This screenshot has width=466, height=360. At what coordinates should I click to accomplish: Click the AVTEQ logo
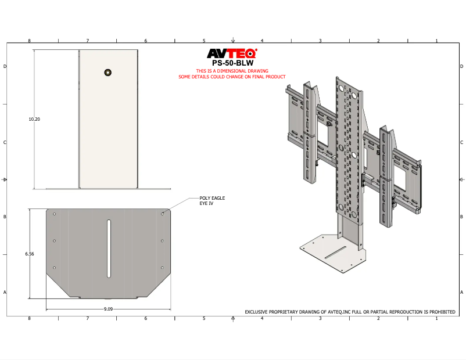[x=232, y=54]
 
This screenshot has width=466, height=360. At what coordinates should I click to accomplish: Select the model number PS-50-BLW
[x=232, y=63]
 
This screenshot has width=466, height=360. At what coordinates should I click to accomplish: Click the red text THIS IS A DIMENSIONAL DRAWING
[x=232, y=71]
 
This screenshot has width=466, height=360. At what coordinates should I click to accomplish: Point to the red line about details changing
[x=232, y=77]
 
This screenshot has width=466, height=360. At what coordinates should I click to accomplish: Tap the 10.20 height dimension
[x=34, y=119]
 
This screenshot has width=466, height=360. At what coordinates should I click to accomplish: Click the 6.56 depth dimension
[x=29, y=254]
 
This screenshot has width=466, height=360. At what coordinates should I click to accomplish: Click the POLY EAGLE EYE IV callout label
[x=212, y=200]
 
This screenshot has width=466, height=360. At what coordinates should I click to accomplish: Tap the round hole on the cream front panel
[x=107, y=72]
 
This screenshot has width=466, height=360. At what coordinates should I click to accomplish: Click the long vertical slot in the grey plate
[x=109, y=249]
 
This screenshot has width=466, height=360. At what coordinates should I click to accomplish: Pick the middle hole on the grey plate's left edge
[x=55, y=241]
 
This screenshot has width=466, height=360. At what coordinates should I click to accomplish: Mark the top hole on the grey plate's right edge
[x=162, y=214]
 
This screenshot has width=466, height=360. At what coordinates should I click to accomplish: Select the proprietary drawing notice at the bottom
[x=350, y=312]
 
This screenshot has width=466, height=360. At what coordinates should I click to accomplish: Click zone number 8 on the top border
[x=30, y=41]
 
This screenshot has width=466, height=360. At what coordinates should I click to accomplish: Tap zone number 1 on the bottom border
[x=436, y=318]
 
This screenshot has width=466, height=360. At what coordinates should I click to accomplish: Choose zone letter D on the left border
[x=5, y=67]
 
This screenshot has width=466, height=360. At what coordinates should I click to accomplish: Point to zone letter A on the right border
[x=461, y=292]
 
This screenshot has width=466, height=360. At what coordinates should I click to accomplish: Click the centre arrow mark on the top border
[x=232, y=41]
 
